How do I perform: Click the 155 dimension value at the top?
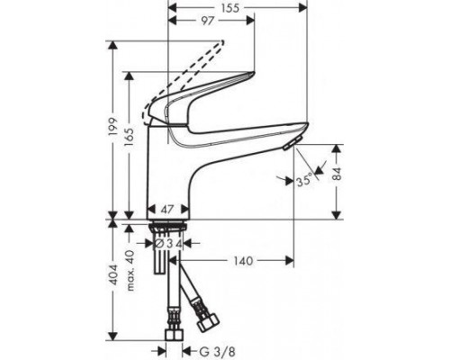(230, 6)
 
